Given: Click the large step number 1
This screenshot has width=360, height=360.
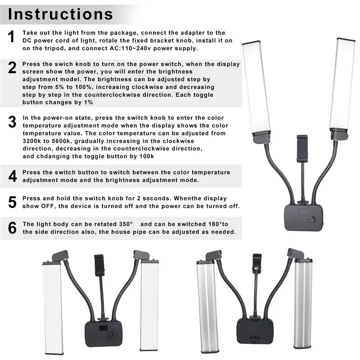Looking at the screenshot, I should (12, 37).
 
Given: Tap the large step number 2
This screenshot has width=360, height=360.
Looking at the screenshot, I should (12, 67).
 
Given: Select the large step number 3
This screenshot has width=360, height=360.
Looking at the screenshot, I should (12, 121).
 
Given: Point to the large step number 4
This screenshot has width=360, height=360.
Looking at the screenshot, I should (12, 175).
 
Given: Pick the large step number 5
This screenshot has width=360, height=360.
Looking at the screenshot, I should (12, 202).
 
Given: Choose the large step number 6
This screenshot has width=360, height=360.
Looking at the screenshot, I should (12, 228).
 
